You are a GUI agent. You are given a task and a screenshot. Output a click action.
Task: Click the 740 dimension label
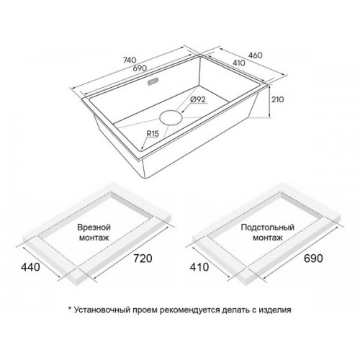tap(130, 60)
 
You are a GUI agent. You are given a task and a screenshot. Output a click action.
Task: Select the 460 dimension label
tap(255, 55)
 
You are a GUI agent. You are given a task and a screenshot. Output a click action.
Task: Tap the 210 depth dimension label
tap(277, 99)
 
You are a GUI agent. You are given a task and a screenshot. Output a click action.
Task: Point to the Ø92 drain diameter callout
tap(198, 99)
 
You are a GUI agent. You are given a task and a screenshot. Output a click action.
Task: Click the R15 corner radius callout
tap(153, 134)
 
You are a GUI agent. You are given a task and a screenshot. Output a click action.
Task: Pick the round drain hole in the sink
tap(171, 117)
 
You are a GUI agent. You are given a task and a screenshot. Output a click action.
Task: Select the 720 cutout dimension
tap(143, 258)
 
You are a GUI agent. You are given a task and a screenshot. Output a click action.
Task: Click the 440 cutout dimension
tap(30, 267)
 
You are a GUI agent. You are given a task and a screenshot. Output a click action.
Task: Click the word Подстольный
tap(267, 227)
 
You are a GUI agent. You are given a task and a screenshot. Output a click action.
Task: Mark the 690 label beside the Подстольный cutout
tap(313, 258)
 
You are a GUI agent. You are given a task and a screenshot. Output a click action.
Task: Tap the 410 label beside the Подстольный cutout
tap(199, 267)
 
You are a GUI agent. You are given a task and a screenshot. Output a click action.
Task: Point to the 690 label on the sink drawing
tap(140, 68)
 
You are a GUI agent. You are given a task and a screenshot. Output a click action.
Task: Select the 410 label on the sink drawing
tap(238, 63)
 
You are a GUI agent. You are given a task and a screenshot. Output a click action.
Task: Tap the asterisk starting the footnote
tap(70, 308)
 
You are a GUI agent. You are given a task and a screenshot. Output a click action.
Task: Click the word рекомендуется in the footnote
tap(189, 310)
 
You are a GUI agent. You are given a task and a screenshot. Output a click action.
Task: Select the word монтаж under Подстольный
tap(268, 238)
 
